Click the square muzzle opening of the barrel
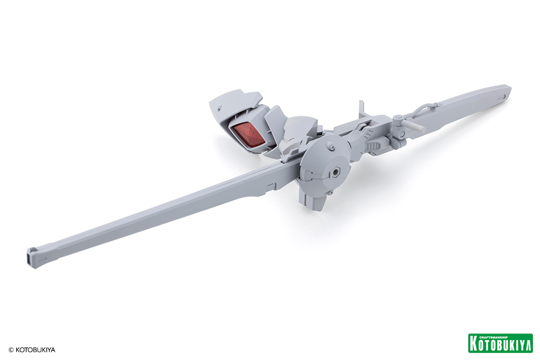[31, 258]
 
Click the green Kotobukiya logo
[501, 343]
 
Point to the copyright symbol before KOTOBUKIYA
[11, 350]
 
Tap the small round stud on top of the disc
[332, 147]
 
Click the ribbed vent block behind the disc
[373, 146]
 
